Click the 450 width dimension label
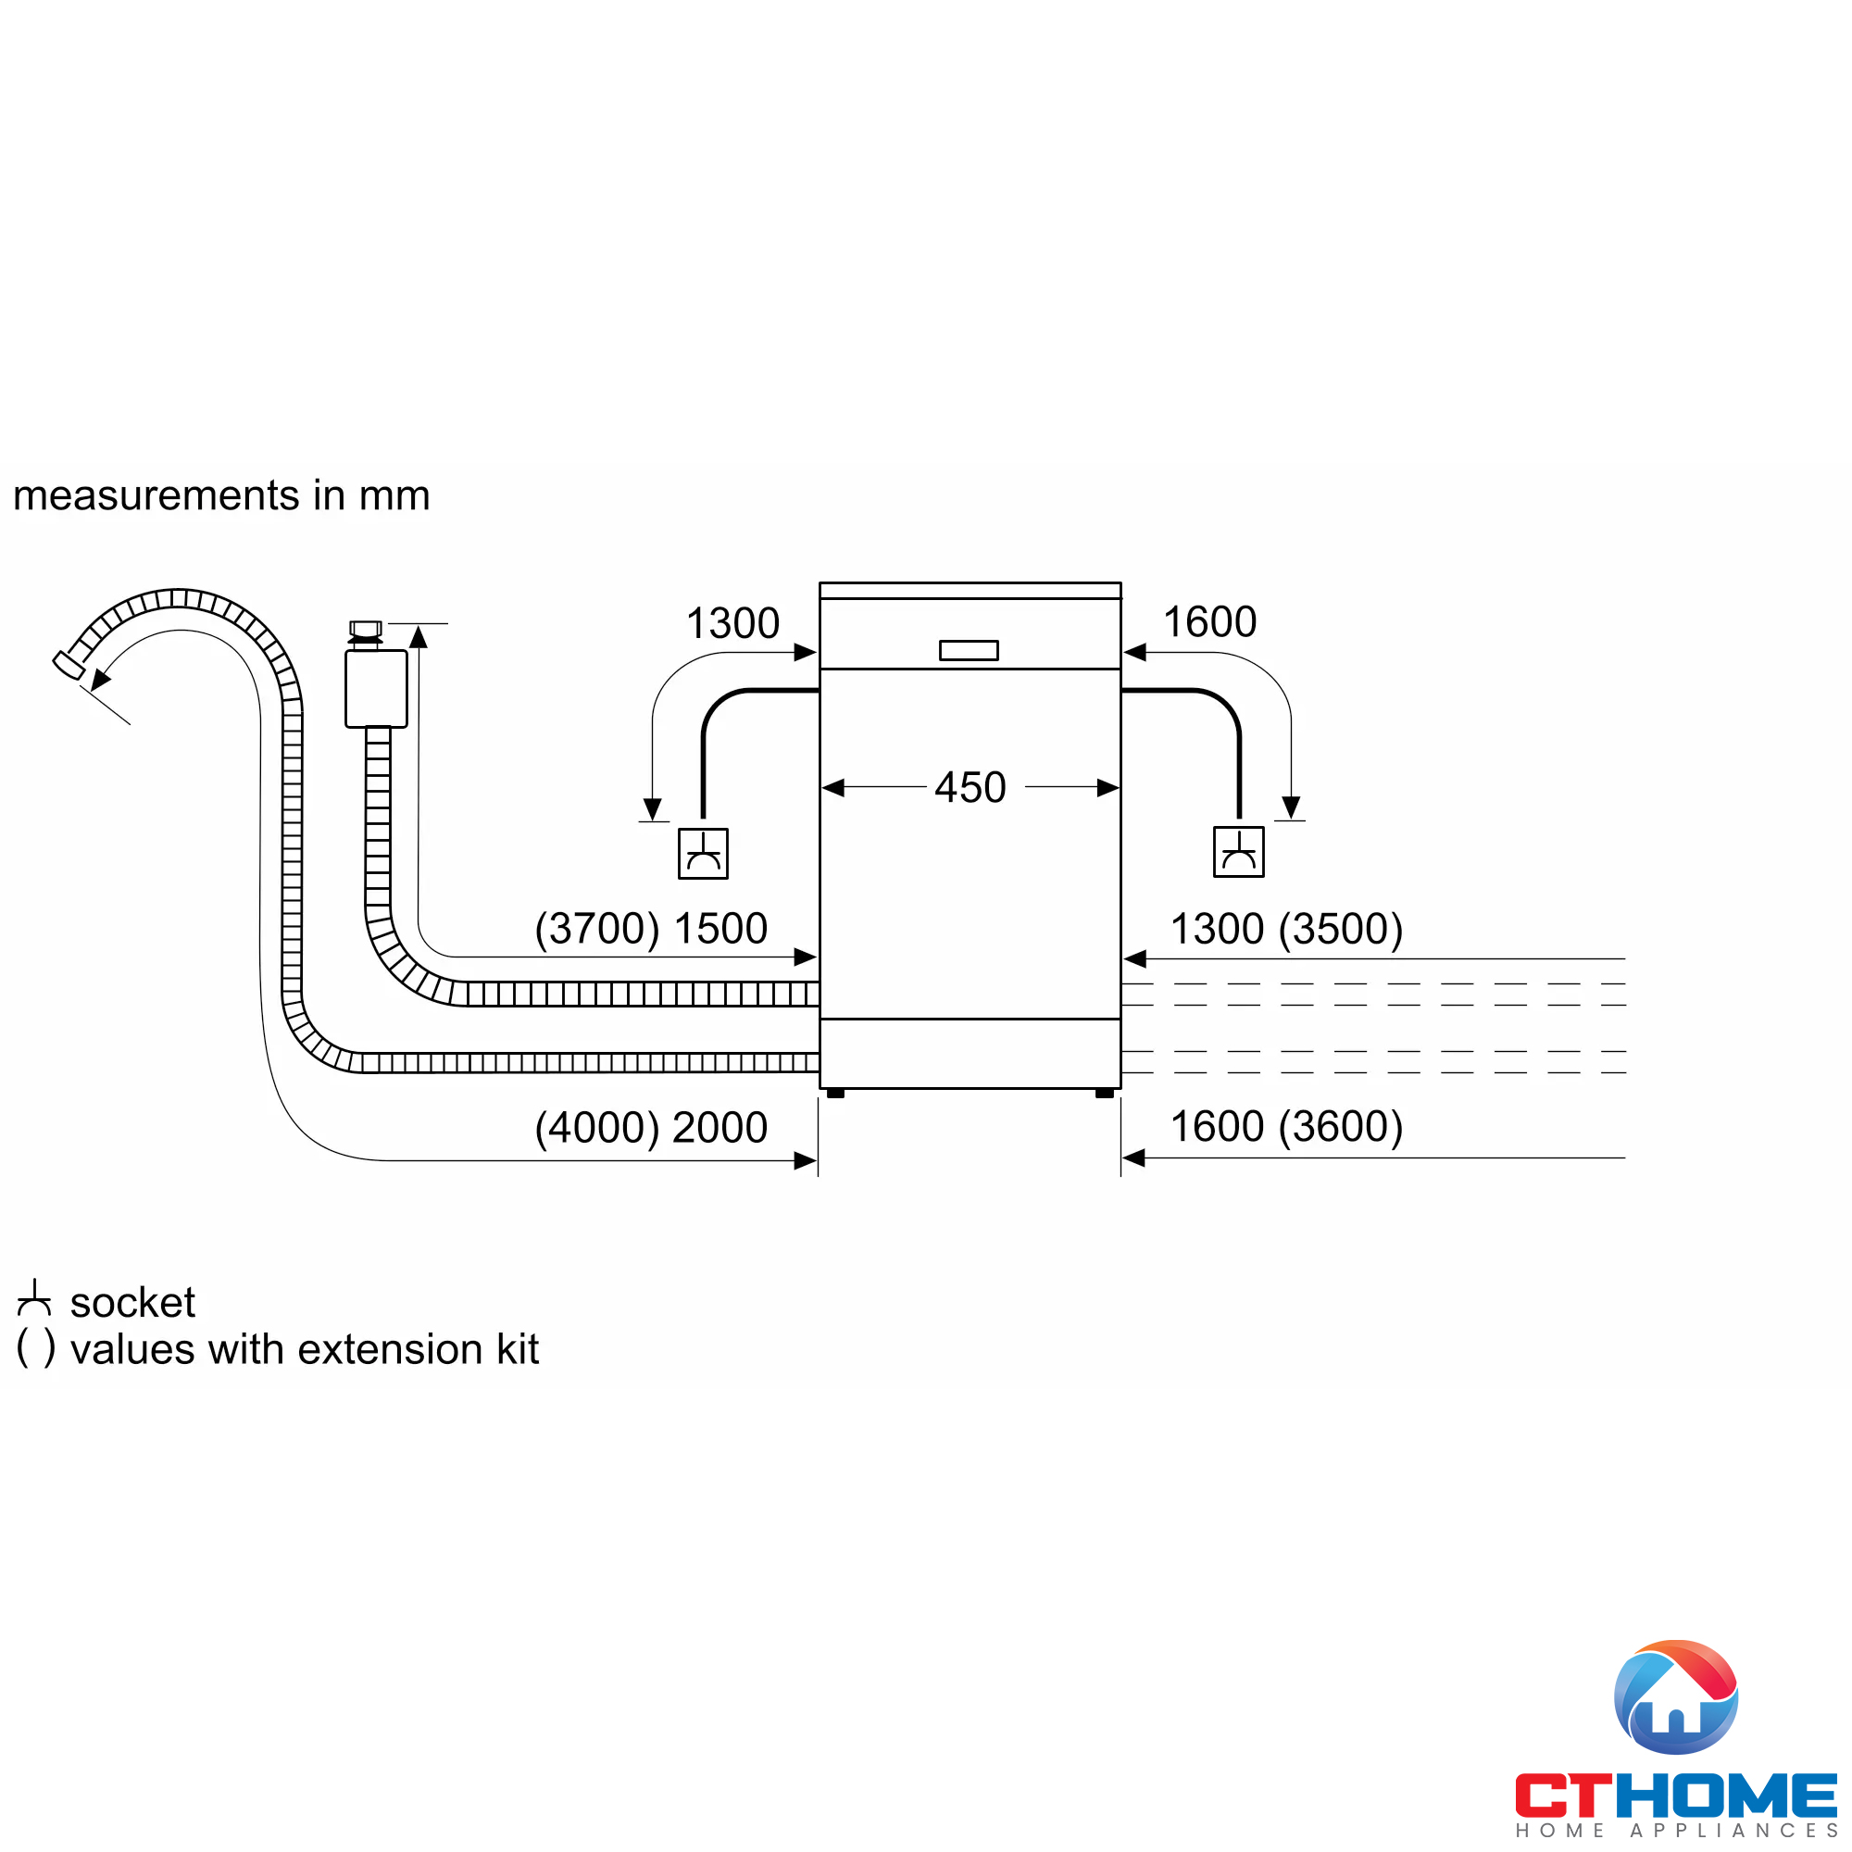pos(970,788)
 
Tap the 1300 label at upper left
pos(732,623)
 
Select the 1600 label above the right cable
pos(1208,622)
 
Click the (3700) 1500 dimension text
pos(651,928)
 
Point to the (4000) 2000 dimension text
pos(651,1127)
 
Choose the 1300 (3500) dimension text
pos(1286,928)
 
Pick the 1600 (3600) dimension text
pos(1286,1126)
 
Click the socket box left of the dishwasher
pos(703,853)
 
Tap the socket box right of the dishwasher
pos(1238,851)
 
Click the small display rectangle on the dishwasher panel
pos(969,651)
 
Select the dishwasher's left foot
pos(835,1093)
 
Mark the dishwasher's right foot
pos(1105,1093)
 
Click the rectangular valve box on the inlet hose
pos(376,688)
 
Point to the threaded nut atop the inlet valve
pos(365,630)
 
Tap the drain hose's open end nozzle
pos(68,664)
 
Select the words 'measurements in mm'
pos(221,495)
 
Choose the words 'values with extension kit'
pos(305,1350)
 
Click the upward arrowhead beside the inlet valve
pos(419,636)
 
